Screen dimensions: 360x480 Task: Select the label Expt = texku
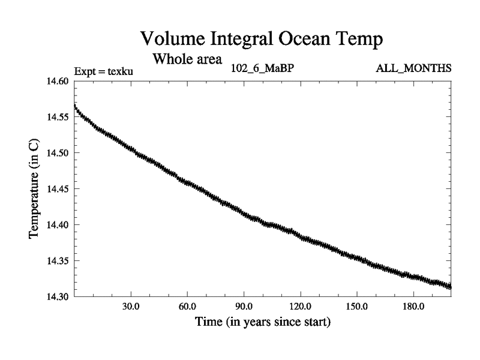103,72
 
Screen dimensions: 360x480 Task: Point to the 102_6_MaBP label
262,68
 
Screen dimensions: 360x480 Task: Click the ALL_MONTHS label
413,68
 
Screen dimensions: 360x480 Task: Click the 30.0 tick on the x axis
130,307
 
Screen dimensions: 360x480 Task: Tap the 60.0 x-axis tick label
187,307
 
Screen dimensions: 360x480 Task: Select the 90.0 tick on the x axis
244,307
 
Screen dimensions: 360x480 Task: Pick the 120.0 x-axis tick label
300,307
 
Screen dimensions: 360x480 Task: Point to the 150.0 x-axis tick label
357,307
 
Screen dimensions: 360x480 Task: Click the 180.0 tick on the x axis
413,307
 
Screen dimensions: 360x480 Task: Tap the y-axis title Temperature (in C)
35,189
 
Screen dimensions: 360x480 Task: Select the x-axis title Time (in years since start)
262,322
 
